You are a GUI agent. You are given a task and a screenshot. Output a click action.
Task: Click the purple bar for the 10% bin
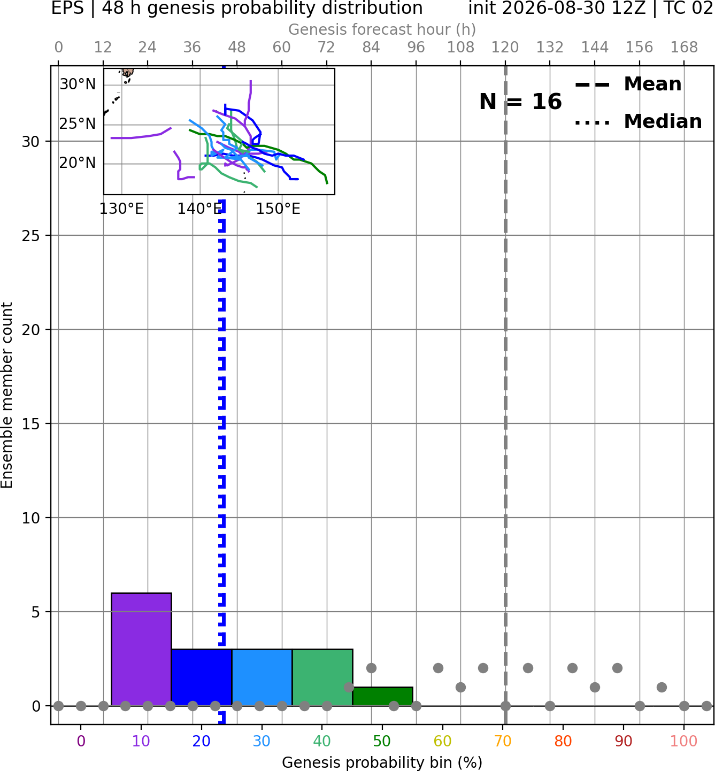click(141, 649)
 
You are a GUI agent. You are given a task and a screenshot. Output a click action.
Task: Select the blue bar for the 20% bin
click(202, 677)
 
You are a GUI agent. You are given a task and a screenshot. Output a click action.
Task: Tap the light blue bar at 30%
click(262, 677)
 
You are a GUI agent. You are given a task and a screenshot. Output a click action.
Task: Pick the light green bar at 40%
click(322, 677)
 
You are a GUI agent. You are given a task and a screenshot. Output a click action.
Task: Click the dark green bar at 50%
click(382, 697)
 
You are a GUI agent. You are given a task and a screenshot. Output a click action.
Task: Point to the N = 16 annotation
click(520, 102)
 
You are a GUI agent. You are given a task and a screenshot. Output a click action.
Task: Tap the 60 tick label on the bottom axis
click(443, 742)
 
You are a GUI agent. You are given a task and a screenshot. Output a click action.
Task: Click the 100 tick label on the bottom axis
click(684, 742)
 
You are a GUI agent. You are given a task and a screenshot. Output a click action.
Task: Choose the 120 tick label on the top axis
click(505, 48)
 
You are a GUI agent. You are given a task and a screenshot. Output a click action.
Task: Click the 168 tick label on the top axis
click(684, 48)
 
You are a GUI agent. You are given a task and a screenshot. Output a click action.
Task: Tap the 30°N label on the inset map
click(78, 84)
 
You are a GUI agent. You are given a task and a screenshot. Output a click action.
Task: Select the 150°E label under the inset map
click(278, 209)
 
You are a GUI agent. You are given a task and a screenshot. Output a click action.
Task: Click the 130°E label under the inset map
click(121, 209)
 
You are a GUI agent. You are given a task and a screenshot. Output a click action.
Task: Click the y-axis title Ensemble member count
click(7, 395)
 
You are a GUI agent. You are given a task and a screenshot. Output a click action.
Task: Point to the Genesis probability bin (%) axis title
click(382, 762)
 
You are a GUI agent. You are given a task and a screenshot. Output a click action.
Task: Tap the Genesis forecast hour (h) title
click(382, 29)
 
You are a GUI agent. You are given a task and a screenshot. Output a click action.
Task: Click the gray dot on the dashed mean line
click(505, 706)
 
